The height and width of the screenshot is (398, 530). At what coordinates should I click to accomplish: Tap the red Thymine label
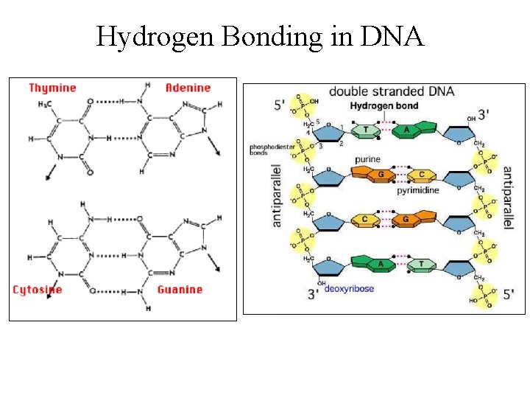[x=52, y=88]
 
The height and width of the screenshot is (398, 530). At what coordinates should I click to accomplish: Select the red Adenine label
[x=188, y=88]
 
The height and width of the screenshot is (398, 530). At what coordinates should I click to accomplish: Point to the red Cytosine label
[x=38, y=290]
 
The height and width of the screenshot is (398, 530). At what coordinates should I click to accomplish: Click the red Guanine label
[x=180, y=290]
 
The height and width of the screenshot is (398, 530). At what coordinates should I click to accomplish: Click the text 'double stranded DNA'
[x=391, y=92]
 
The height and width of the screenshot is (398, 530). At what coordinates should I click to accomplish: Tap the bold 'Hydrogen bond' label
[x=384, y=105]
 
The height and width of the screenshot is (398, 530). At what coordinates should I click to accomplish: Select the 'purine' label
[x=368, y=159]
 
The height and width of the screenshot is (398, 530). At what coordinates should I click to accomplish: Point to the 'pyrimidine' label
[x=418, y=190]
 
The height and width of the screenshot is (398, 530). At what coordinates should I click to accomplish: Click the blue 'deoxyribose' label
[x=349, y=288]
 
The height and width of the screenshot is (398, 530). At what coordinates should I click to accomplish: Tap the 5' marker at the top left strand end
[x=279, y=105]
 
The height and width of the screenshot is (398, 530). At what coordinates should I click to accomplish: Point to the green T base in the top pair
[x=366, y=131]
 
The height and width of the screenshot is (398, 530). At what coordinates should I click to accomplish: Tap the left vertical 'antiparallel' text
[x=278, y=195]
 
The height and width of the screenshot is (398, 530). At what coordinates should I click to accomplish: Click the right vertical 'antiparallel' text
[x=508, y=197]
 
